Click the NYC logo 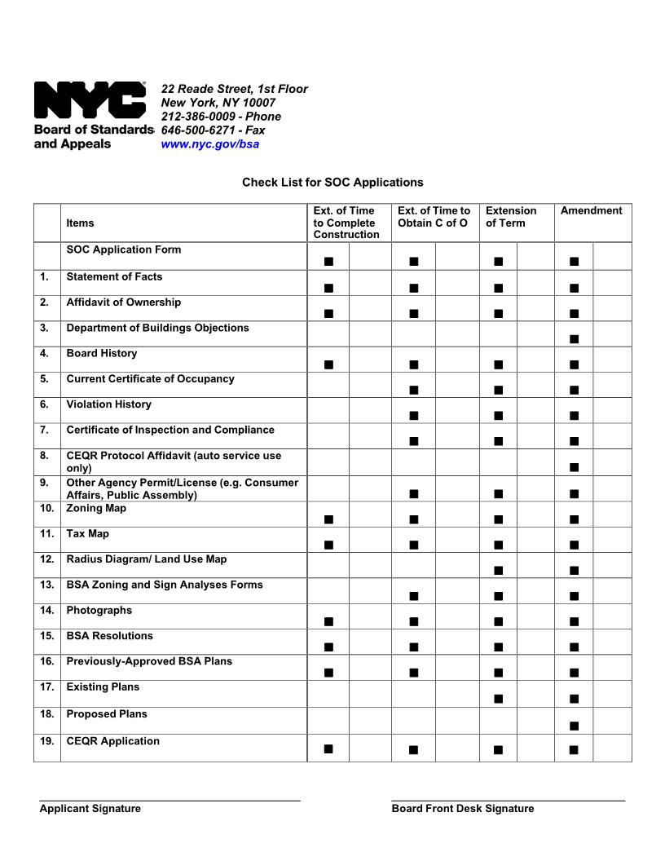(90, 101)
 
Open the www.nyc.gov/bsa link (209, 144)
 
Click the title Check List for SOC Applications (332, 183)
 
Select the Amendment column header (591, 211)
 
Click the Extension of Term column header (511, 217)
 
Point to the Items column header (80, 223)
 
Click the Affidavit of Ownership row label (123, 302)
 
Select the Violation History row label (108, 404)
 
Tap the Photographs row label (99, 611)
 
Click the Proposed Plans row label (107, 714)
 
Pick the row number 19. (46, 741)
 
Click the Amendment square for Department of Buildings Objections (574, 338)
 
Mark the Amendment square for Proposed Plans (574, 726)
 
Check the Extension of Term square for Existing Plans (498, 699)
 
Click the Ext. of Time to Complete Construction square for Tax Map (328, 545)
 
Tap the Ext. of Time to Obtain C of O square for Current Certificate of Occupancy (413, 390)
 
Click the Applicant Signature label (90, 809)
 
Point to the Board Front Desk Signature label (462, 809)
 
